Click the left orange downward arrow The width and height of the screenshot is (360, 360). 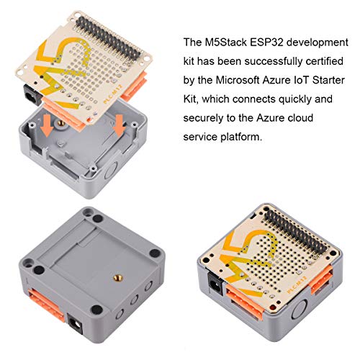(x=46, y=127)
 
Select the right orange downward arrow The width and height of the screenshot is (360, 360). (x=119, y=127)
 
